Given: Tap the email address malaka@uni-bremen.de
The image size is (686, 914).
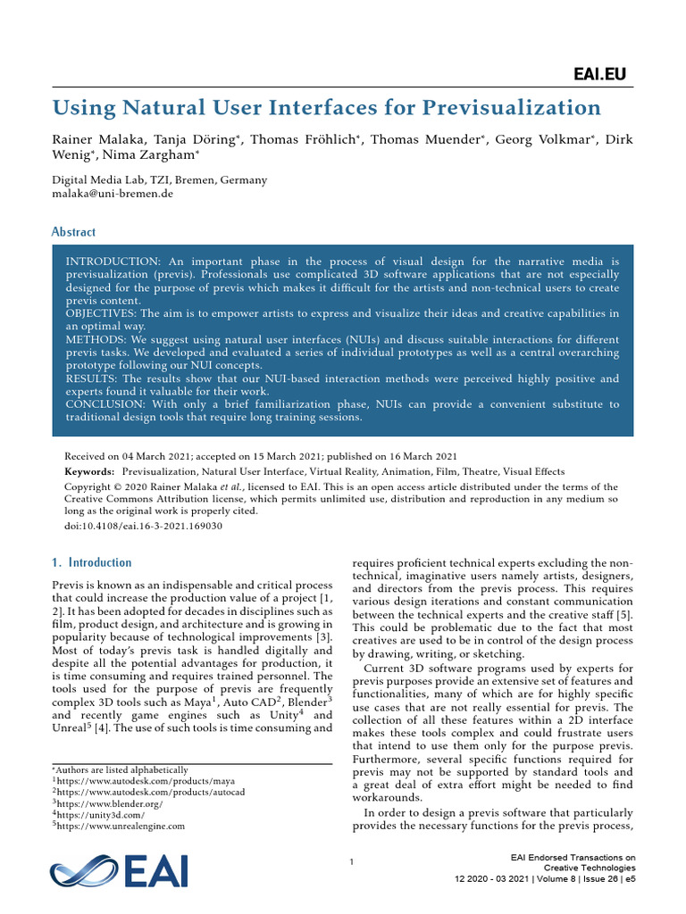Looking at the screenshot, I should click(113, 194).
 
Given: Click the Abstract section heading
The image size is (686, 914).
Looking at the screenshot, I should click(73, 232).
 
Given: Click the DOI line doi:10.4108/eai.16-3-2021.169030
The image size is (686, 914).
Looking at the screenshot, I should click(144, 526).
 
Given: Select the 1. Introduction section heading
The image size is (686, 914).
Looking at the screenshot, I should click(92, 562).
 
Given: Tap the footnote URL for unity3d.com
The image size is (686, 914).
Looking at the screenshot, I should click(100, 814).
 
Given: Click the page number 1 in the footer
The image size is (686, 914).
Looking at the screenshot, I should click(353, 861).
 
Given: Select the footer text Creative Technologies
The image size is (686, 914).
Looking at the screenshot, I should click(590, 867).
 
